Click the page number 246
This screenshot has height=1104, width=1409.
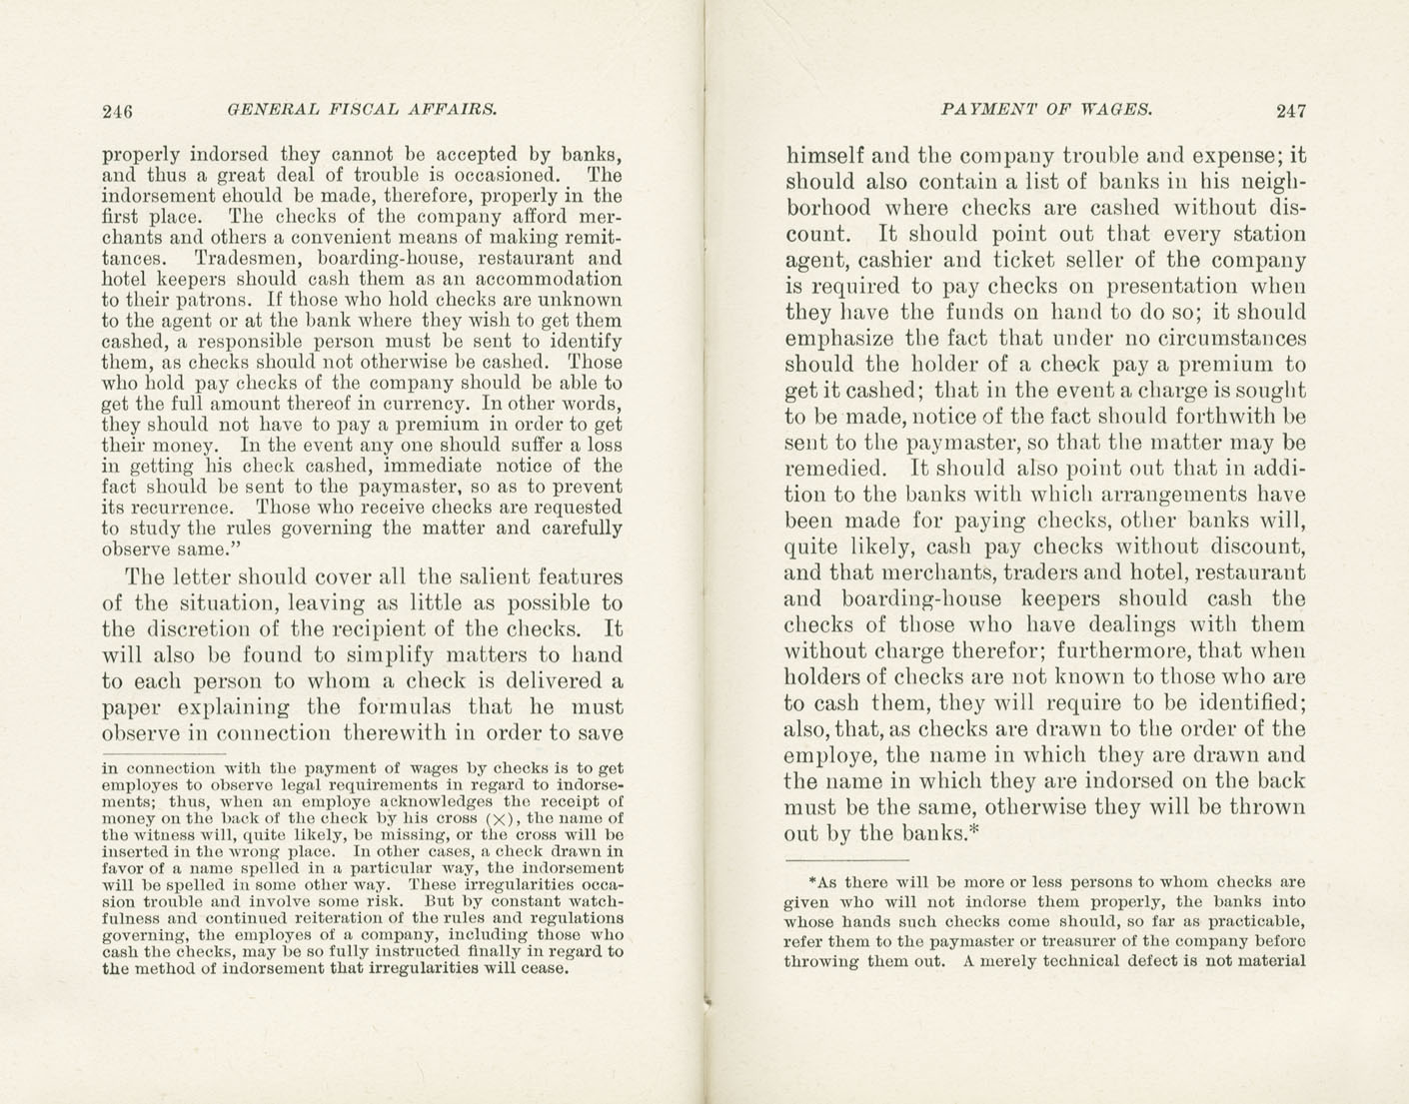click(x=118, y=111)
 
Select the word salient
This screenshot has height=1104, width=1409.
click(x=511, y=576)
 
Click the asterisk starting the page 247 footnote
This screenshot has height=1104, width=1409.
click(x=812, y=882)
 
